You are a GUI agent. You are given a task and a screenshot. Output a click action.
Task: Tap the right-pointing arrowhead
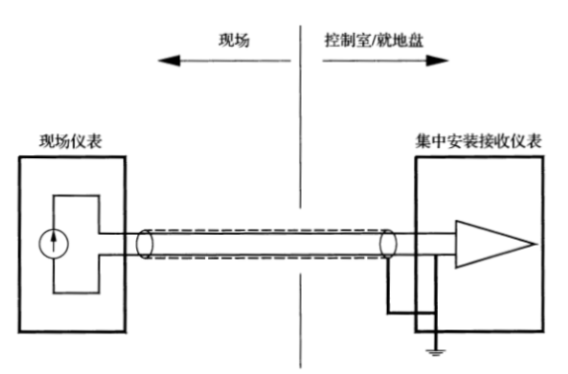pyautogui.click(x=437, y=61)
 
